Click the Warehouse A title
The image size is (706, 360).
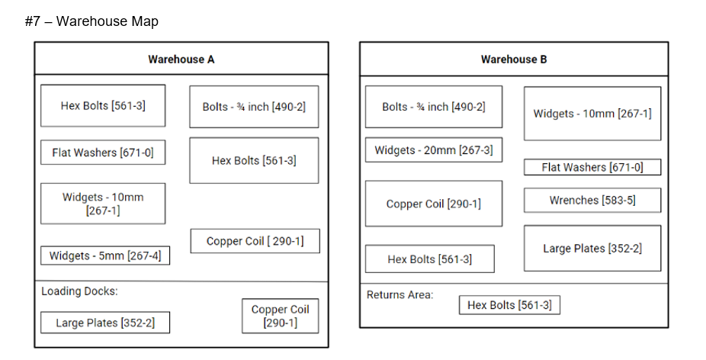pyautogui.click(x=181, y=59)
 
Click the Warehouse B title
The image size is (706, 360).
pyautogui.click(x=513, y=59)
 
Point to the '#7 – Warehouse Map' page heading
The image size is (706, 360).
pyautogui.click(x=91, y=21)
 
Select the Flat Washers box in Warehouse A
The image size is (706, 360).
pyautogui.click(x=103, y=153)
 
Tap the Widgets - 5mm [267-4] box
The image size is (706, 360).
pyautogui.click(x=105, y=256)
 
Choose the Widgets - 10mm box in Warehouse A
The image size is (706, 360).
pyautogui.click(x=103, y=204)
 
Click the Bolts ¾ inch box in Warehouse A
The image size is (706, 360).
pyautogui.click(x=254, y=107)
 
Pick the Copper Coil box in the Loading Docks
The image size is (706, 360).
pyautogui.click(x=280, y=316)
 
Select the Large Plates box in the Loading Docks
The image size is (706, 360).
pyautogui.click(x=105, y=323)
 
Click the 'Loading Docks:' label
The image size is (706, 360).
pyautogui.click(x=79, y=291)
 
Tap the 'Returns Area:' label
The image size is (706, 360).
pyautogui.click(x=400, y=294)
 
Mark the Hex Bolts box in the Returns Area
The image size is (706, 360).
pyautogui.click(x=509, y=305)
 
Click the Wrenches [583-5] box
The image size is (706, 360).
pyautogui.click(x=592, y=201)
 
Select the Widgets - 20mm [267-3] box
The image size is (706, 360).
pyautogui.click(x=433, y=150)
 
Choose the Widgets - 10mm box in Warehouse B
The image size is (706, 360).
pyautogui.click(x=592, y=114)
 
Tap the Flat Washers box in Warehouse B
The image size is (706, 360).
pyautogui.click(x=592, y=167)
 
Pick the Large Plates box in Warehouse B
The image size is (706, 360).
pyautogui.click(x=592, y=249)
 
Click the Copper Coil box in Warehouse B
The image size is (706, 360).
pyautogui.click(x=433, y=204)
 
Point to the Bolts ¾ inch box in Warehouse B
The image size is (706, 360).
pyautogui.click(x=433, y=107)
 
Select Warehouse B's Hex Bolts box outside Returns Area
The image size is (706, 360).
pyautogui.click(x=429, y=259)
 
